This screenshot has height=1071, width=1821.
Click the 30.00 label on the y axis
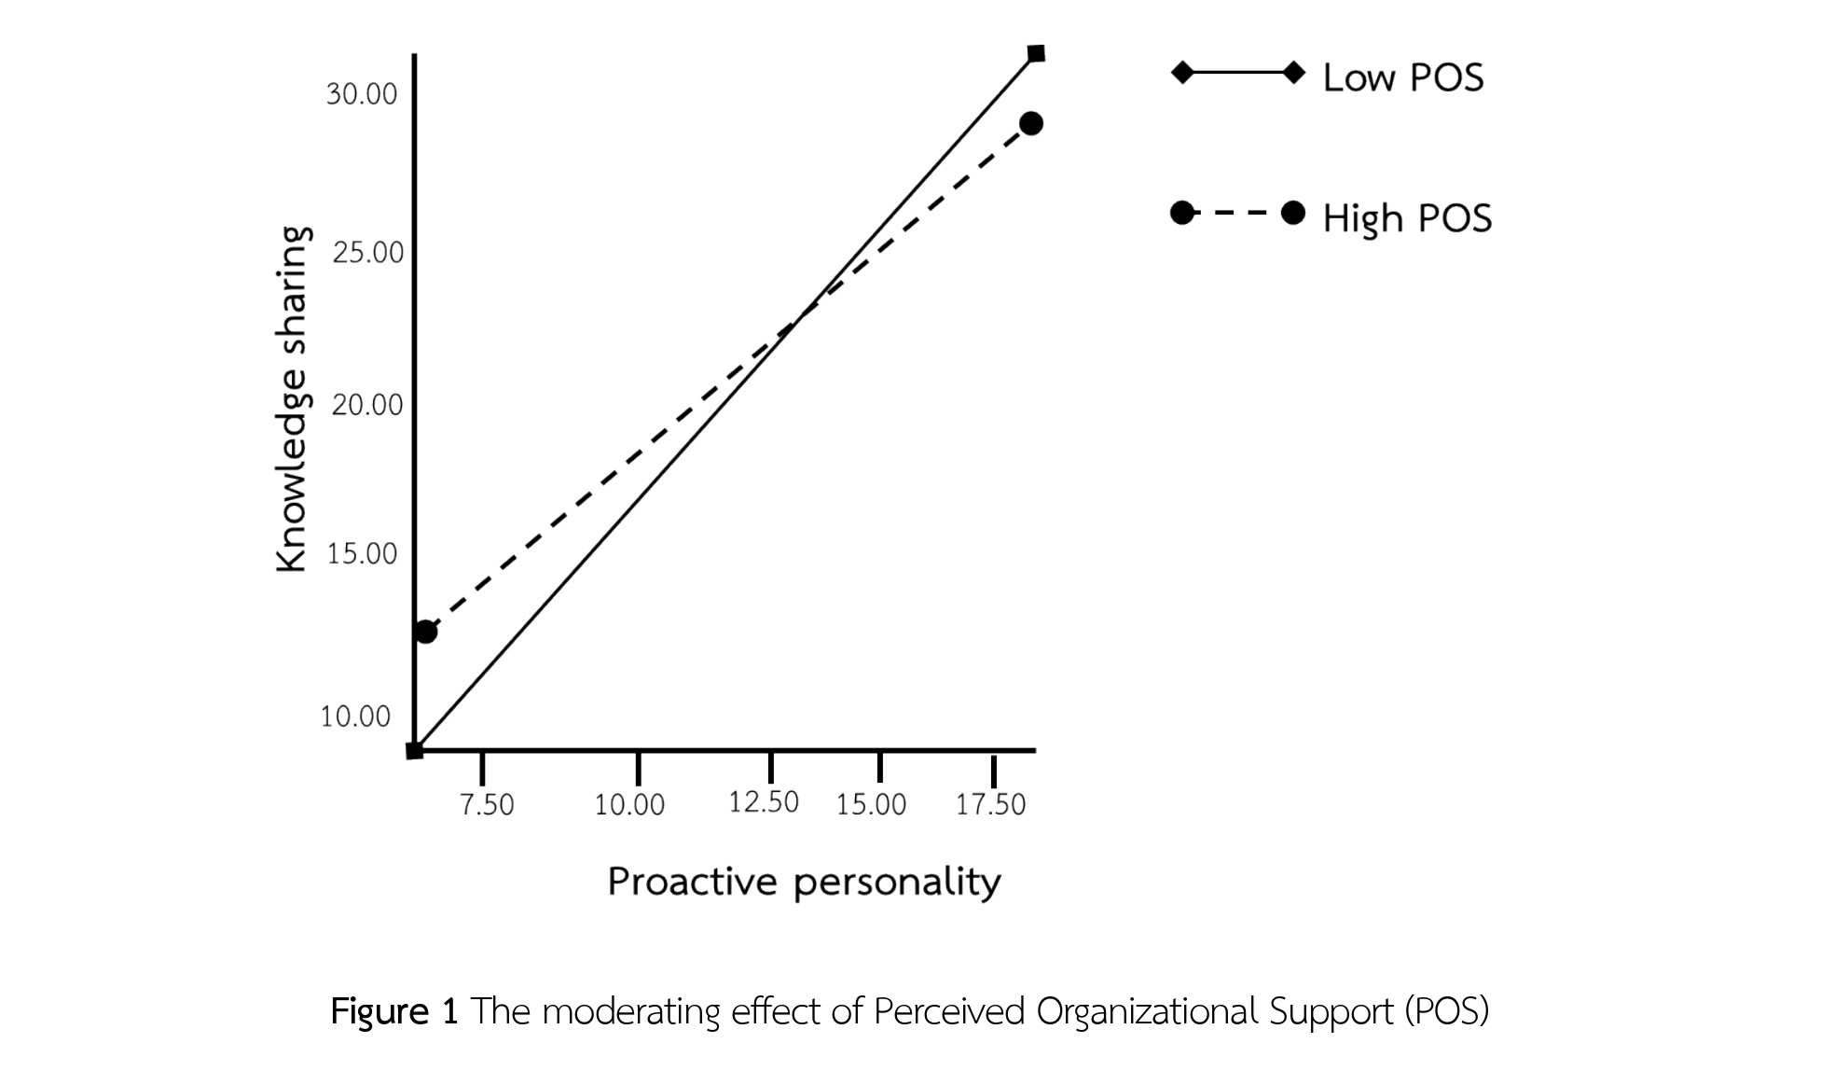(361, 94)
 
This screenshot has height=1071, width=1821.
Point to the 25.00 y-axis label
(367, 253)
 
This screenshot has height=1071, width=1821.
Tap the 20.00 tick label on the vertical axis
(367, 405)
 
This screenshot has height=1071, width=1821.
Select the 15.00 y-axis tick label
(362, 554)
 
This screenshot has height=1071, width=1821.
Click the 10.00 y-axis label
(355, 716)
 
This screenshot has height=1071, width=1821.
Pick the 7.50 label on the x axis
(487, 804)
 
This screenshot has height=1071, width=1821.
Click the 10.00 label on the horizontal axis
(629, 804)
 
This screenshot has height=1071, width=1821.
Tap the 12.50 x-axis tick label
(764, 802)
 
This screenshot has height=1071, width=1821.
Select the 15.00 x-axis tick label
(871, 804)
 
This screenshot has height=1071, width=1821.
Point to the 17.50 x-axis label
(990, 804)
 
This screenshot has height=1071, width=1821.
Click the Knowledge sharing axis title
(292, 398)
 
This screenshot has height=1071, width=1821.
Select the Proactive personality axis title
(804, 882)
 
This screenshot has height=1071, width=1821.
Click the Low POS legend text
(1403, 77)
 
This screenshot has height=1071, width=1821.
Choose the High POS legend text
(1407, 218)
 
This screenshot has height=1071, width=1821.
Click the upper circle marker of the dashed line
(1030, 123)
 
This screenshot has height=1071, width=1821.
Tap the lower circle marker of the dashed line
(425, 632)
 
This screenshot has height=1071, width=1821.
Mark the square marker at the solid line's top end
(1036, 53)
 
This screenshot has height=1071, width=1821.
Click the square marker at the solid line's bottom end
(415, 750)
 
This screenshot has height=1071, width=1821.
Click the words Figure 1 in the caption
(394, 1011)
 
